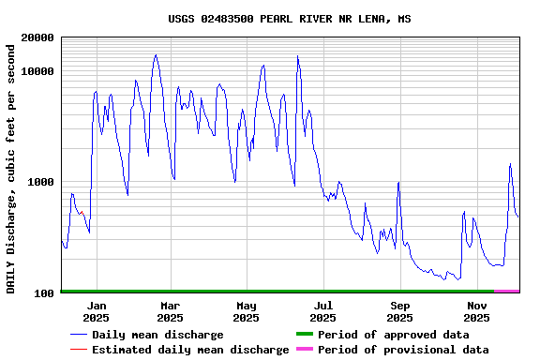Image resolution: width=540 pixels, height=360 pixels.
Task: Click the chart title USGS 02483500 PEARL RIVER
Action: click(289, 19)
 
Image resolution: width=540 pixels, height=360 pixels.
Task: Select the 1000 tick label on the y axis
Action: click(42, 182)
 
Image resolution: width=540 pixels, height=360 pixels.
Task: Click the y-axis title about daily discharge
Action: click(11, 167)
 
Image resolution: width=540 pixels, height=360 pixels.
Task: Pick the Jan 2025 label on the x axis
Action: click(96, 311)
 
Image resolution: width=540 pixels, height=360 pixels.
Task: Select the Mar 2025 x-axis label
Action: click(170, 311)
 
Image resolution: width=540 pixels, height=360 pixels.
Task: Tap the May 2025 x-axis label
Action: click(247, 311)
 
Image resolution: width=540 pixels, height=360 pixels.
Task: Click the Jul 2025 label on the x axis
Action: click(323, 311)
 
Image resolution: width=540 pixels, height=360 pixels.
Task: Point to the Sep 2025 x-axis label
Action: click(400, 311)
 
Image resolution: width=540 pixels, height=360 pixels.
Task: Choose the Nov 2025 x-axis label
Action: click(477, 311)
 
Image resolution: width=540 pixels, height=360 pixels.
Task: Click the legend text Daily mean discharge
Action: click(157, 335)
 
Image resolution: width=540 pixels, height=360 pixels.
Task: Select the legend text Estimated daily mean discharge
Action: click(190, 350)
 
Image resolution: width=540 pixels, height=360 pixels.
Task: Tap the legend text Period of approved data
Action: click(394, 335)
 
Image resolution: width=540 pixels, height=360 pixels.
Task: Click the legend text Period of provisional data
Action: click(403, 350)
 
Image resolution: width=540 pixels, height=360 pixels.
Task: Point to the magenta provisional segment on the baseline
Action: click(506, 292)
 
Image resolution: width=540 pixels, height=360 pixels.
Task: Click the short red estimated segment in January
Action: click(82, 215)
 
